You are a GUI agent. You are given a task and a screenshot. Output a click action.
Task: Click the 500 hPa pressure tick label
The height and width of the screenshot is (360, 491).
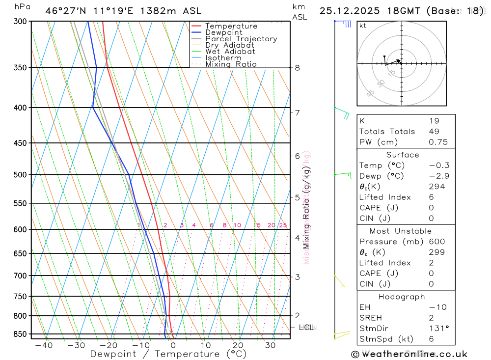point(19,175)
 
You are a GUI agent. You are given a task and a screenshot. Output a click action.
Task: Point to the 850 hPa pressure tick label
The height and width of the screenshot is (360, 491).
point(19,334)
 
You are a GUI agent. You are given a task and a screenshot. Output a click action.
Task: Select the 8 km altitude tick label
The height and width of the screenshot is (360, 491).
point(298,68)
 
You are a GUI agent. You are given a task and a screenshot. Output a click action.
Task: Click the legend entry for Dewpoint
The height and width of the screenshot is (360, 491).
point(224,32)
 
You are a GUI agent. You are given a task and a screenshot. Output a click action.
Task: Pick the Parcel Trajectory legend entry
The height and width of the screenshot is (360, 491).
point(241,39)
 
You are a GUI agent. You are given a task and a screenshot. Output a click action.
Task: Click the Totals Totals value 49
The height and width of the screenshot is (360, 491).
point(434,132)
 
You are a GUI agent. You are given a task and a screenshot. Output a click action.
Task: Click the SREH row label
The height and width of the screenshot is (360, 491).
point(371,318)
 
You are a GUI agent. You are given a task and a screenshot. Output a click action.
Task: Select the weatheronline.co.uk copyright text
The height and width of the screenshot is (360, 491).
point(409,354)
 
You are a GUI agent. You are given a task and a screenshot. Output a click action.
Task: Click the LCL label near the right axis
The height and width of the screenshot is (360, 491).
point(306,327)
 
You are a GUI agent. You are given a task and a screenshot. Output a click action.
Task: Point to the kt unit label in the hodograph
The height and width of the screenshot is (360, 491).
point(363,26)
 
